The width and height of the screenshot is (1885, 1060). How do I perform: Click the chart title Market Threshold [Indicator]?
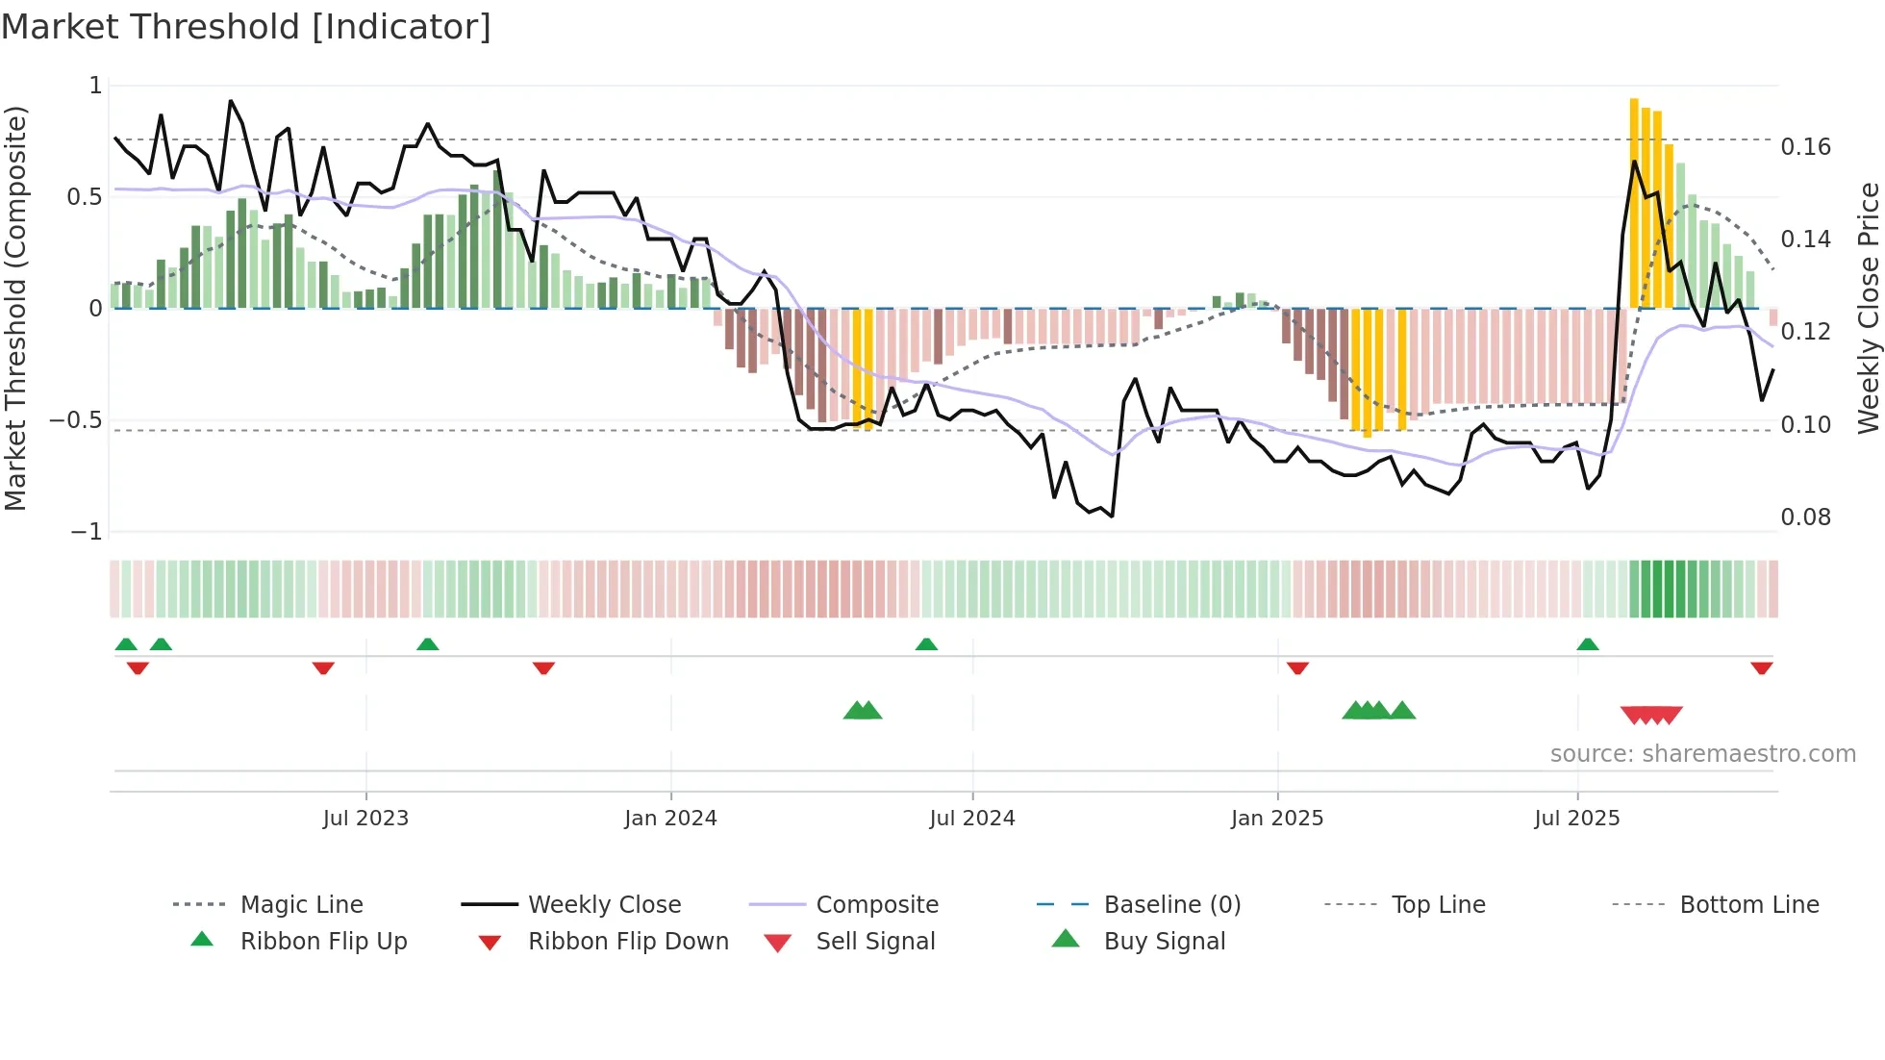point(246,27)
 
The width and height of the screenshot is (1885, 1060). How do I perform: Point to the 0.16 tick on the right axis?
point(1805,147)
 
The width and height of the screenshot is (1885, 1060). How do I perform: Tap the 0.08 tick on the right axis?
point(1805,517)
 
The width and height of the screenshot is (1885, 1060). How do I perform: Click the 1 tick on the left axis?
point(95,86)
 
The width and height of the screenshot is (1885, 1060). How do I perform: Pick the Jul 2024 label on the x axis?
point(971,819)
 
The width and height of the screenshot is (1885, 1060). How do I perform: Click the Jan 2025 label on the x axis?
point(1276,819)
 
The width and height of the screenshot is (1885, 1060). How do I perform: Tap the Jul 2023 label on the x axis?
point(365,819)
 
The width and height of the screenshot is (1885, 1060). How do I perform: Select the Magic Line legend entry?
point(301,905)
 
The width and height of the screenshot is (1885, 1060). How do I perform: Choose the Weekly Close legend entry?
point(604,905)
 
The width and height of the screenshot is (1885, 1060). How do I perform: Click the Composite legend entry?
point(876,905)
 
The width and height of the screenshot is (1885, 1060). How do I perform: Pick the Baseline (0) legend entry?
point(1171,905)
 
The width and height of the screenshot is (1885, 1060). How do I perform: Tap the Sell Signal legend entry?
point(874,942)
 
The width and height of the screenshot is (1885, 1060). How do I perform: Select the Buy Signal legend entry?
point(1164,942)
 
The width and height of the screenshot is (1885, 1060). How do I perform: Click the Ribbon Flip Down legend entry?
point(627,942)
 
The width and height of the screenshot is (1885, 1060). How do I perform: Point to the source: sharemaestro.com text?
point(1702,754)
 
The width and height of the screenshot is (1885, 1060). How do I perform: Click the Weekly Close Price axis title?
point(1868,308)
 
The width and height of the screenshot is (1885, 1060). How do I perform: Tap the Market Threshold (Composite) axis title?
point(15,308)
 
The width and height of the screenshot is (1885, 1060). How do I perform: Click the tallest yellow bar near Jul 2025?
point(1634,202)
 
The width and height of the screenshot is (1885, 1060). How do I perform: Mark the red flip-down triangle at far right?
point(1761,668)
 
